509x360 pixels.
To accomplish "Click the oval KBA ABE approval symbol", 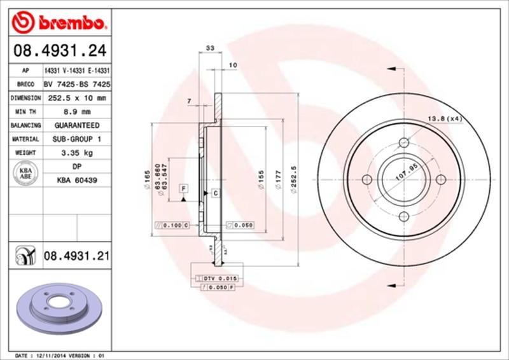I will (x=26, y=173).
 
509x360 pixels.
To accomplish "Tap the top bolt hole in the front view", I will (x=403, y=143).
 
